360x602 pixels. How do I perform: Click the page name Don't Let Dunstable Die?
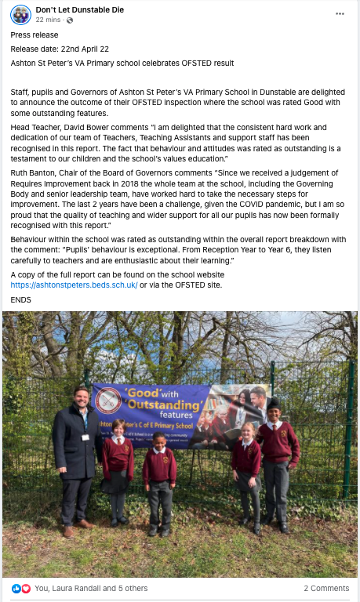81,9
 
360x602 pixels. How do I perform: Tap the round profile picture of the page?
20,15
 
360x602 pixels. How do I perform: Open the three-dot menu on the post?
340,13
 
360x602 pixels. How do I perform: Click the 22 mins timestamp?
49,20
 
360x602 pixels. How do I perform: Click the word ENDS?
21,300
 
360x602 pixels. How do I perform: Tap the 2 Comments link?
326,588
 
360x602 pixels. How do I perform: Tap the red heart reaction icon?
25,588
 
